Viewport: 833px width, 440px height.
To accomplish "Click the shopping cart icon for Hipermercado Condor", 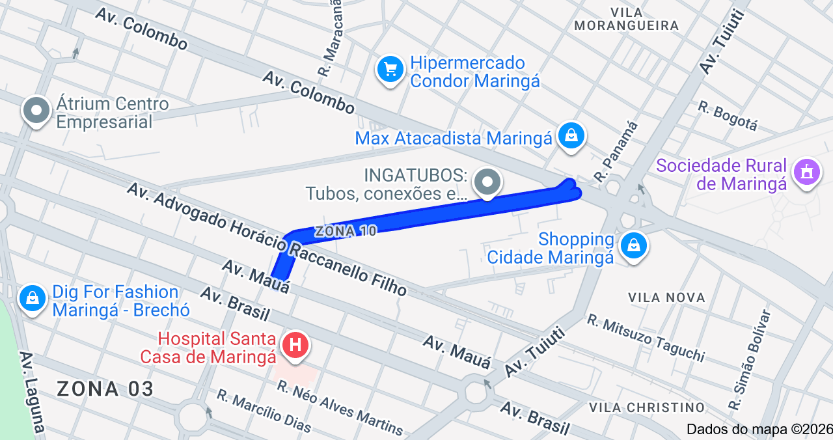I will point(390,68).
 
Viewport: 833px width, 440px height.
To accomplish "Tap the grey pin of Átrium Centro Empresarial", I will point(36,111).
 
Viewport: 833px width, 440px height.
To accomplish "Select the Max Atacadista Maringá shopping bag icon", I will point(571,135).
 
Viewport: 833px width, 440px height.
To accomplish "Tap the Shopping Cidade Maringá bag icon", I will point(633,245).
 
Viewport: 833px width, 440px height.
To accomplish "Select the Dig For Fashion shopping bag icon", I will point(33,298).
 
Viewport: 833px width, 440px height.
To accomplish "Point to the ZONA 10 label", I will point(346,231).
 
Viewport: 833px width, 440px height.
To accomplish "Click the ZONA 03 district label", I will point(105,389).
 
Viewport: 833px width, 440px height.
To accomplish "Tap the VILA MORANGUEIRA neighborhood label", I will point(627,19).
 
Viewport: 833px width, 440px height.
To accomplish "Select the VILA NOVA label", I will point(666,297).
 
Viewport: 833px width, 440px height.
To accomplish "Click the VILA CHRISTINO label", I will point(646,407).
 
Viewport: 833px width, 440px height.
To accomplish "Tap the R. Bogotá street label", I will point(728,116).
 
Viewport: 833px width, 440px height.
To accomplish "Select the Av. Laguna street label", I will point(32,394).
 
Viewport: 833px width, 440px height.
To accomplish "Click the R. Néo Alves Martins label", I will point(340,407).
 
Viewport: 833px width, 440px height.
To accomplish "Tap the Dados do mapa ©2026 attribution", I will point(759,429).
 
